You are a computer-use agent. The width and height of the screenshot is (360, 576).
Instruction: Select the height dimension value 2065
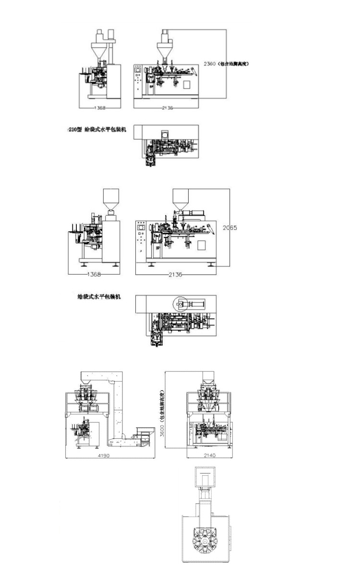(230, 228)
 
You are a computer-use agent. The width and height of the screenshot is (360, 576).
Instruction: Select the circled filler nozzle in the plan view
(179, 304)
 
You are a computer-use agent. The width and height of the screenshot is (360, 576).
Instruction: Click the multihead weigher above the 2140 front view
(208, 398)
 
